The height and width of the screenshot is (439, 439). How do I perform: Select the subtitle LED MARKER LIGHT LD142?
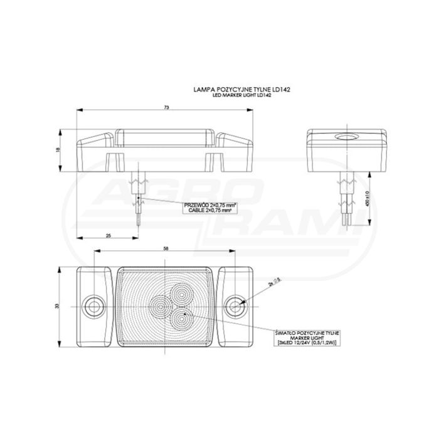[245, 95]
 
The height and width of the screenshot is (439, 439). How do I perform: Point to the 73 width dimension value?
[166, 108]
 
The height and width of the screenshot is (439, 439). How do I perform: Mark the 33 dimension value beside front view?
[57, 306]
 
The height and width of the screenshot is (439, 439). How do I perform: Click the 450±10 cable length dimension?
[374, 199]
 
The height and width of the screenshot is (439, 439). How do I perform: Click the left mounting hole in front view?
[94, 306]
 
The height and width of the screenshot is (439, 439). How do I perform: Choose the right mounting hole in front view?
[236, 306]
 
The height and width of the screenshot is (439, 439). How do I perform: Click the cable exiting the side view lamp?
[138, 194]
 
